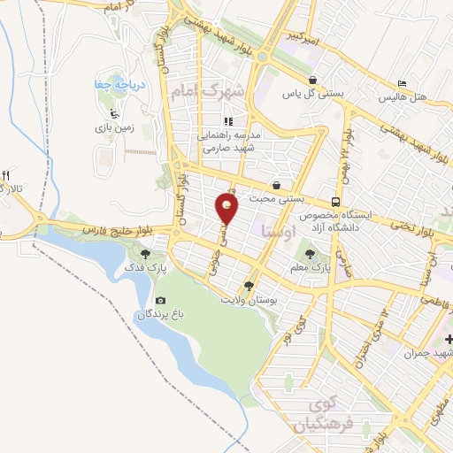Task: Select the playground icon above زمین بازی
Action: (112, 112)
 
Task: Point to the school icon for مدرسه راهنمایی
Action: (227, 121)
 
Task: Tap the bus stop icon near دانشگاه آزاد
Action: (334, 201)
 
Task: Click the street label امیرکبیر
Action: (303, 38)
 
